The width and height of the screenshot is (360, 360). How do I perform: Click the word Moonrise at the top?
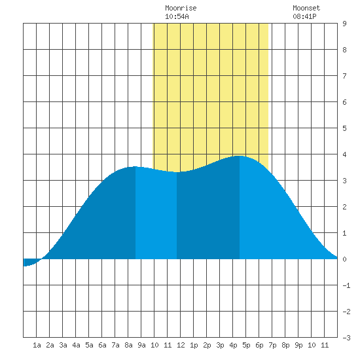pyautogui.click(x=181, y=8)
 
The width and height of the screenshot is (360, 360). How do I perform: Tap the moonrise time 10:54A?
pyautogui.click(x=177, y=16)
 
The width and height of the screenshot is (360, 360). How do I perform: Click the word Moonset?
pyautogui.click(x=306, y=8)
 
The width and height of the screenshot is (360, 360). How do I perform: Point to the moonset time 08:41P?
pyautogui.click(x=304, y=16)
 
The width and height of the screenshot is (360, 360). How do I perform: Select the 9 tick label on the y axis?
pyautogui.click(x=344, y=24)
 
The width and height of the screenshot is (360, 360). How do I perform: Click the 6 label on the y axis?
pyautogui.click(x=344, y=102)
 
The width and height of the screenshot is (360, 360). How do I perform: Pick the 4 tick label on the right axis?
pyautogui.click(x=344, y=154)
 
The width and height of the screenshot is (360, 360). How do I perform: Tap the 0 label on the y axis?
pyautogui.click(x=344, y=259)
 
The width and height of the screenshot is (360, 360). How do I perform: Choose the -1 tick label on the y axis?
pyautogui.click(x=346, y=285)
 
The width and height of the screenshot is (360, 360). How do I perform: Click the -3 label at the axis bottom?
pyautogui.click(x=346, y=338)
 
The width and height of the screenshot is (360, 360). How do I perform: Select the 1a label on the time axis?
pyautogui.click(x=37, y=345)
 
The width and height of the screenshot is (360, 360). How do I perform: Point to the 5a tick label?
pyautogui.click(x=89, y=345)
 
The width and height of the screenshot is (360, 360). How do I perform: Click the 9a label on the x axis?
pyautogui.click(x=141, y=345)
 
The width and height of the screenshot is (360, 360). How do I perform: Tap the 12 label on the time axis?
pyautogui.click(x=181, y=345)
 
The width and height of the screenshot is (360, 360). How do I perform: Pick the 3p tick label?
pyautogui.click(x=220, y=345)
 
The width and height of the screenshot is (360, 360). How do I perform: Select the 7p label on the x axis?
pyautogui.click(x=272, y=345)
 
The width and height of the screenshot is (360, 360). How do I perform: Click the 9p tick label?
pyautogui.click(x=298, y=345)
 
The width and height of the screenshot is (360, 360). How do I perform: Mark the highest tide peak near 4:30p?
pyautogui.click(x=240, y=156)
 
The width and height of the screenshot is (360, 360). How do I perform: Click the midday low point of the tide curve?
pyautogui.click(x=177, y=172)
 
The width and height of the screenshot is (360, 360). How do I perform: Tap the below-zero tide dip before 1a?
pyautogui.click(x=25, y=266)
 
